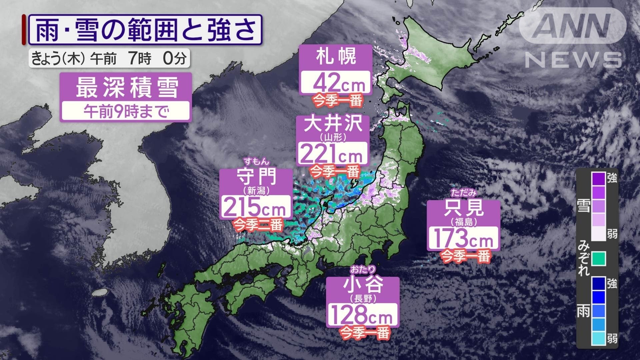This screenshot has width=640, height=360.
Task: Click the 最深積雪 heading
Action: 126,87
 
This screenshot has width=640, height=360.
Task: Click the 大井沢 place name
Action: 333,124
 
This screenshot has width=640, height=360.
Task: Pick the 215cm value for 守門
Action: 255,207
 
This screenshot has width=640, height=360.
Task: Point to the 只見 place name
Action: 464,208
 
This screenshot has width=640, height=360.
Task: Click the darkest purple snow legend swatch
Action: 598,178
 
